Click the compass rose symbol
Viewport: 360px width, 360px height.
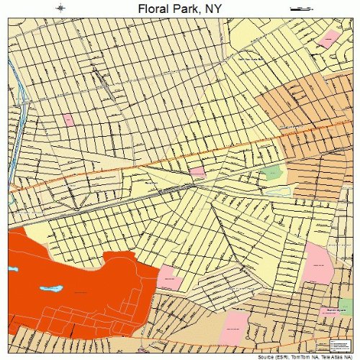pyautogui.click(x=61, y=8)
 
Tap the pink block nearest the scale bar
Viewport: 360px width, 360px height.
pyautogui.click(x=329, y=38)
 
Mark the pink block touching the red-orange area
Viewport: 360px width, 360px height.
pyautogui.click(x=169, y=277)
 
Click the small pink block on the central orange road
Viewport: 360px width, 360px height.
pyautogui.click(x=197, y=172)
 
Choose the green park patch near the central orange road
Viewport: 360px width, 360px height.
pyautogui.click(x=272, y=173)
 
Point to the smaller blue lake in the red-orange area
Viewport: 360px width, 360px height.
pyautogui.click(x=13, y=269)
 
